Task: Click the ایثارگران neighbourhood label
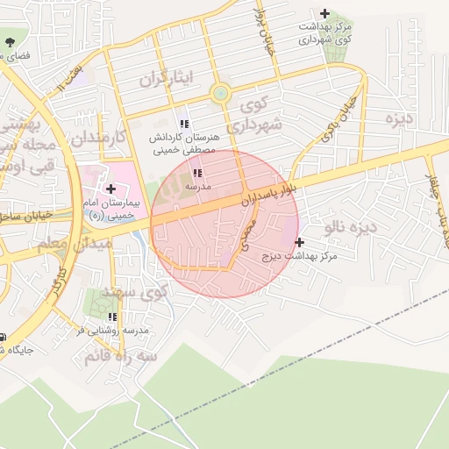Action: pyautogui.click(x=164, y=80)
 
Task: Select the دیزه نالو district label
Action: pyautogui.click(x=349, y=228)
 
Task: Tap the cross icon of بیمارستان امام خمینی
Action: pyautogui.click(x=110, y=188)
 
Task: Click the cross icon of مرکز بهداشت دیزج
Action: pyautogui.click(x=300, y=242)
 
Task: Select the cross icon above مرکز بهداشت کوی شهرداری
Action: pyautogui.click(x=325, y=13)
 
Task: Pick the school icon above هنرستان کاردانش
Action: pyautogui.click(x=183, y=123)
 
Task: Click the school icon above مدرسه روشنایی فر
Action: pyautogui.click(x=111, y=317)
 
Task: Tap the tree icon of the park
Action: pyautogui.click(x=10, y=41)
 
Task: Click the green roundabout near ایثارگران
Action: pyautogui.click(x=220, y=93)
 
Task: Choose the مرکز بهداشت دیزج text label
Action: pyautogui.click(x=301, y=256)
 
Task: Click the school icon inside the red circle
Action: pyautogui.click(x=196, y=173)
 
